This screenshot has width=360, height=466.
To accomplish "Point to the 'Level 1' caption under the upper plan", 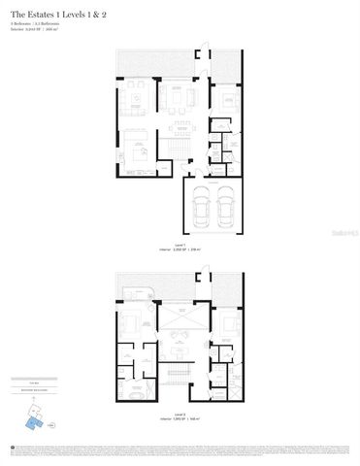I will [x=180, y=245].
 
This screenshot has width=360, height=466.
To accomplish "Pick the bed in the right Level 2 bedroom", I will [x=227, y=325].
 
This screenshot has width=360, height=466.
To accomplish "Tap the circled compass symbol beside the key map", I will [x=53, y=424].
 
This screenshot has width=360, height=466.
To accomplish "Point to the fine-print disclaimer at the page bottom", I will [x=180, y=449].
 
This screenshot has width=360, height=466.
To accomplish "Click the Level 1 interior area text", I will [x=180, y=250].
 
